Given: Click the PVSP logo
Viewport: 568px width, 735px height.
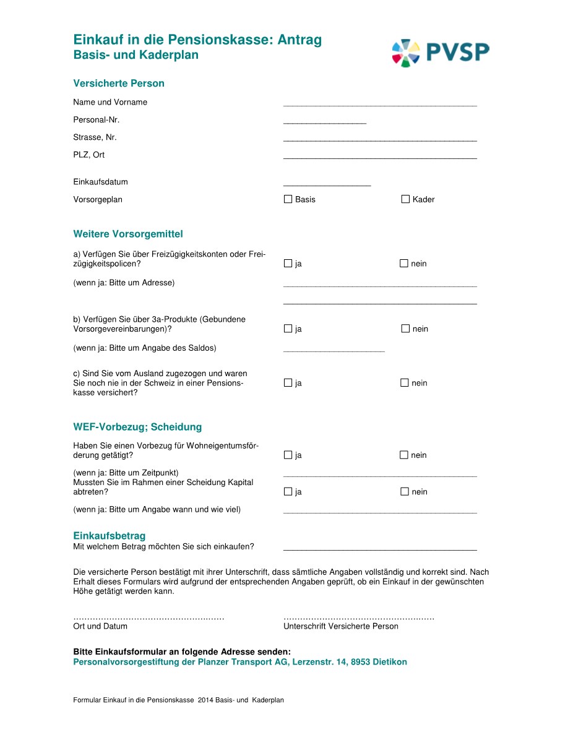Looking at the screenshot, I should click(441, 52).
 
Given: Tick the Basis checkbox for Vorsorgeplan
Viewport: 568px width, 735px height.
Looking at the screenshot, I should click(288, 199).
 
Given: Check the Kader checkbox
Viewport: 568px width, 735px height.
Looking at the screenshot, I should click(405, 199).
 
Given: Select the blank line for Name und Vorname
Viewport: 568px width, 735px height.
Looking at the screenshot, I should click(380, 105).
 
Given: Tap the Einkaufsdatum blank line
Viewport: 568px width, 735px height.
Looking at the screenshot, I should click(327, 184).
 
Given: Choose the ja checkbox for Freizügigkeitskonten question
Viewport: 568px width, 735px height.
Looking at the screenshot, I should click(288, 264).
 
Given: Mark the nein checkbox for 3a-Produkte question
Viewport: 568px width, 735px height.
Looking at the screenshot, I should click(405, 329).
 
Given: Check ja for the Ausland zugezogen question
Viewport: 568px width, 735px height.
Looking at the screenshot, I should click(288, 383).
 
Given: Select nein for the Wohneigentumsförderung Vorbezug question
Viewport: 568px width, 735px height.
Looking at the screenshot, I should click(404, 455).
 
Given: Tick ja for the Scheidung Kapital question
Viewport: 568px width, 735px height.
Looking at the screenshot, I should click(288, 492).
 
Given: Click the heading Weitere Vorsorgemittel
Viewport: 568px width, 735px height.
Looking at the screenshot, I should click(128, 234).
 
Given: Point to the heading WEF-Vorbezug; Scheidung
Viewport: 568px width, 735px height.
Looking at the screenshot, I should click(137, 427).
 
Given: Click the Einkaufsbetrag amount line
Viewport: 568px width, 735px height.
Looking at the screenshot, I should click(380, 549).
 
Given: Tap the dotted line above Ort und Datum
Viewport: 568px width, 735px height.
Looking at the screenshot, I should click(148, 617).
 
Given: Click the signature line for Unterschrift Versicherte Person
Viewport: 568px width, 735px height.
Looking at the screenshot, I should click(359, 617).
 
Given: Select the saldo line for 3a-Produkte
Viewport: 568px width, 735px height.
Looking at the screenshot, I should click(334, 350).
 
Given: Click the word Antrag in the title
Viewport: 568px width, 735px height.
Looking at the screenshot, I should click(299, 40).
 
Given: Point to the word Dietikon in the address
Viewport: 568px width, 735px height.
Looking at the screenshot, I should click(390, 662).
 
